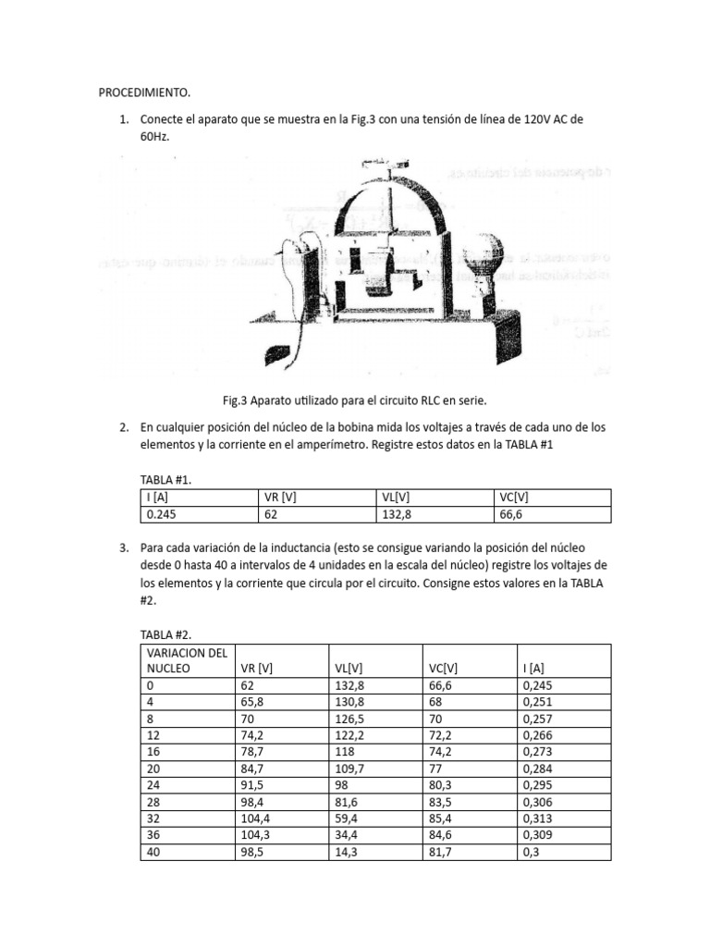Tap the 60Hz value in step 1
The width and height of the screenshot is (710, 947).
pyautogui.click(x=155, y=136)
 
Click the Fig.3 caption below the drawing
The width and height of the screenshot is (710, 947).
pyautogui.click(x=354, y=400)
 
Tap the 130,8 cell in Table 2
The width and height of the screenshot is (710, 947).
pyautogui.click(x=348, y=702)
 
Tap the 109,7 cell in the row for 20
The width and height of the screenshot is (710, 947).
pyautogui.click(x=348, y=769)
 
